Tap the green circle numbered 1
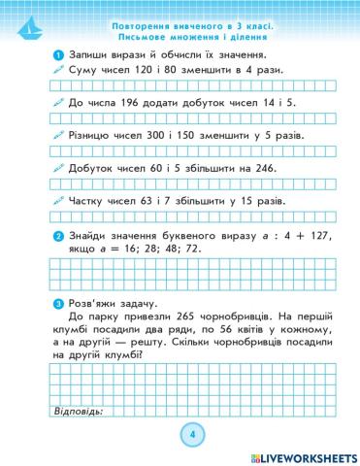59,54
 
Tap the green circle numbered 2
59,236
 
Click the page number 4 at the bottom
192,433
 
